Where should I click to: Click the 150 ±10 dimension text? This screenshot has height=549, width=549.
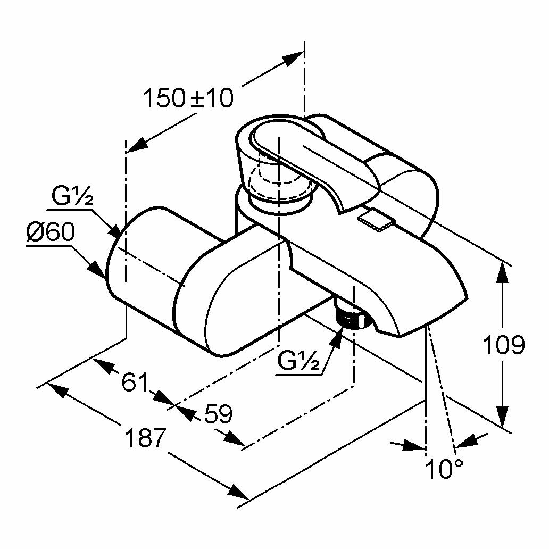pos(189,98)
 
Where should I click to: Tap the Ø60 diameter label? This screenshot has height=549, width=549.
pos(51,233)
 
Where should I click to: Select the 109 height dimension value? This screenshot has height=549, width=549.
pos(503,345)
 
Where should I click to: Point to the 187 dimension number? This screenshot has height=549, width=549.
pos(145,437)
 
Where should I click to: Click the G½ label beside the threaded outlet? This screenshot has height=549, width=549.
pos(298,362)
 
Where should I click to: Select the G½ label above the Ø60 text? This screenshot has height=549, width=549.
pos(72,197)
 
